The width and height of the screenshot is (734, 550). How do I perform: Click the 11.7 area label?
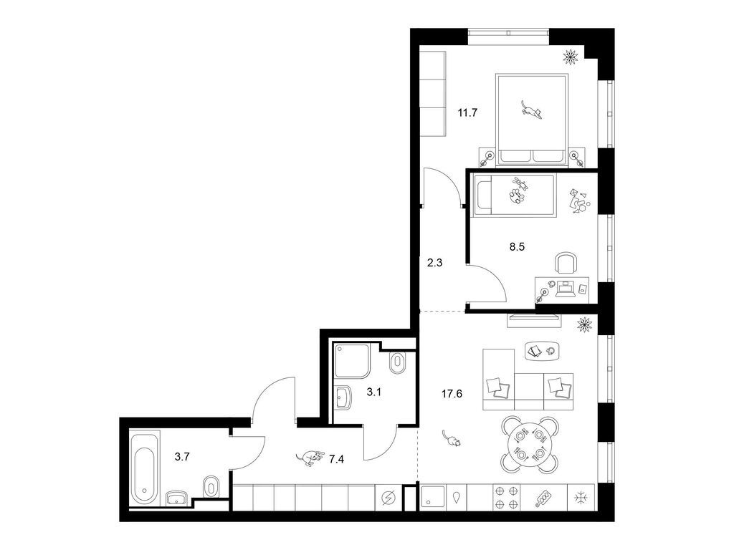[x=467, y=112]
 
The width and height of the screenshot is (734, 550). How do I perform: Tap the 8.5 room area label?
[x=517, y=246]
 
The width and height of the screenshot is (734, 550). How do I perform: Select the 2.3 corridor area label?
[x=434, y=263]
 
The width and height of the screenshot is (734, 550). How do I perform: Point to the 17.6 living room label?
[x=452, y=394]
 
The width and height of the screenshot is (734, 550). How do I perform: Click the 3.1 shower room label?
[x=373, y=392]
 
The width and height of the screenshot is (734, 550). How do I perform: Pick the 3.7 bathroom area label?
[x=181, y=457]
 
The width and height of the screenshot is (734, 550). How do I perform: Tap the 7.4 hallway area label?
[x=336, y=459]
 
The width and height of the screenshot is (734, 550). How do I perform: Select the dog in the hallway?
[x=310, y=458]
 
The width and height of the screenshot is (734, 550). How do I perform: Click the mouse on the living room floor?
[x=452, y=438]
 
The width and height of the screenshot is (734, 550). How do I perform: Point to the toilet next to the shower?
[x=398, y=362]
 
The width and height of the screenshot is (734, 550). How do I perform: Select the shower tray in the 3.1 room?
[x=351, y=361]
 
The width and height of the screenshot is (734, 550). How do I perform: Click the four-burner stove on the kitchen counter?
[x=507, y=498]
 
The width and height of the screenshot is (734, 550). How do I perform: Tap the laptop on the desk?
[x=565, y=289]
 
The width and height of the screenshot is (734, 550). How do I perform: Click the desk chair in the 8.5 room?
[x=566, y=263]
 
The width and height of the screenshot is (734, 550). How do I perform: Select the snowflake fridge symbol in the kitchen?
[x=581, y=498]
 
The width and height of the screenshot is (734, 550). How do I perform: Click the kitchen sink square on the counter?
[x=432, y=498]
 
